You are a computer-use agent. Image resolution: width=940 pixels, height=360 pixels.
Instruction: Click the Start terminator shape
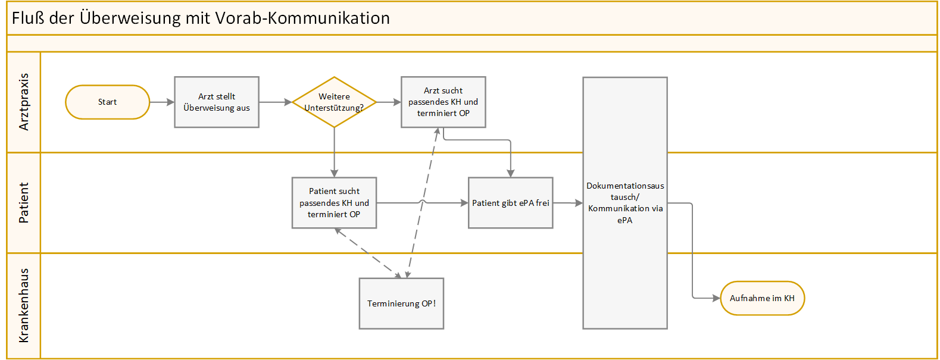point(107,102)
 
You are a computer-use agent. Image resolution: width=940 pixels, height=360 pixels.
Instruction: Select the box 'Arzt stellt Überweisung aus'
point(217,102)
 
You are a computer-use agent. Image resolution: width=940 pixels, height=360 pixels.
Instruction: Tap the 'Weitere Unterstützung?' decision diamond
point(334,102)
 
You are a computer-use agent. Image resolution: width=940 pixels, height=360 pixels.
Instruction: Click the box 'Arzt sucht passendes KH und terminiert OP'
point(443,102)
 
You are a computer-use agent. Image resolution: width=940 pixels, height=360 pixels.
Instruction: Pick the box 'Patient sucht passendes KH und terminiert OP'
point(334,203)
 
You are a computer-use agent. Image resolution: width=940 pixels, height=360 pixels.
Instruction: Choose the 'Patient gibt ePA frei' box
point(510,203)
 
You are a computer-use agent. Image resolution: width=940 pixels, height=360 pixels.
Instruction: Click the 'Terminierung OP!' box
point(401,303)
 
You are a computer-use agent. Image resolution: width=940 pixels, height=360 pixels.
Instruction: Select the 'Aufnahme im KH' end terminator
point(762,298)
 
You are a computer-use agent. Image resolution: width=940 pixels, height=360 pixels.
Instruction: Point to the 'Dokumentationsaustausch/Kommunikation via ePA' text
point(625,203)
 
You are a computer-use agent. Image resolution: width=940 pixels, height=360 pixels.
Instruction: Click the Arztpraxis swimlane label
point(24,102)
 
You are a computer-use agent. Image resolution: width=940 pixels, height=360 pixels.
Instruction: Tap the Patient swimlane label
point(24,203)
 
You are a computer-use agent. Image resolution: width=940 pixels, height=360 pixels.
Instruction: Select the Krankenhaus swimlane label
point(24,305)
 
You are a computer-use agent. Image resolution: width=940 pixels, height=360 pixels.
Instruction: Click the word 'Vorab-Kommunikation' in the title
point(302,18)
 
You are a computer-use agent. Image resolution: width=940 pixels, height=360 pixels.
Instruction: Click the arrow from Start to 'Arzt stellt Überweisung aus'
point(162,102)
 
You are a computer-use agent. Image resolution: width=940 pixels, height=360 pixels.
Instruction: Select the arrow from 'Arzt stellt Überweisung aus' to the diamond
point(275,102)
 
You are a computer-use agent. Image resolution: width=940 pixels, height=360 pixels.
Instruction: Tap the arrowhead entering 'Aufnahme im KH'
point(716,298)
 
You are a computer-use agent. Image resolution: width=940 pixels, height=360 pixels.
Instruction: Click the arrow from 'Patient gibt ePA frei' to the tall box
point(568,203)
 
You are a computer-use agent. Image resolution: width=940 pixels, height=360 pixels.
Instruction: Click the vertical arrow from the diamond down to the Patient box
point(334,152)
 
